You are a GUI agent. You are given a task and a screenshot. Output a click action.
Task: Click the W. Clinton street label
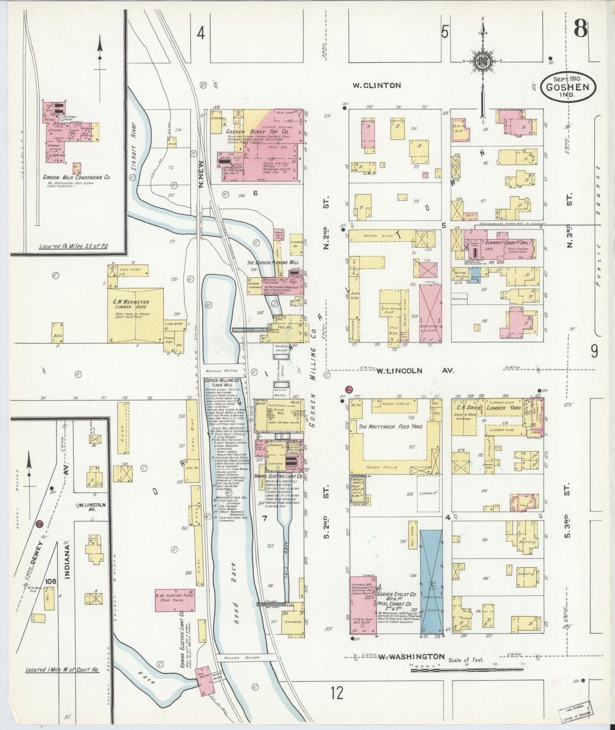pyautogui.click(x=377, y=86)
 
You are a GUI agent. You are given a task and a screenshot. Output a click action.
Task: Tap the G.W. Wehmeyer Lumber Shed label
pyautogui.click(x=131, y=305)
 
